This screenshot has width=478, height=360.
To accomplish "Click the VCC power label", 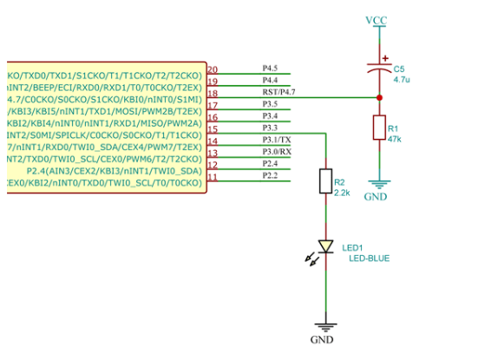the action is (377, 20).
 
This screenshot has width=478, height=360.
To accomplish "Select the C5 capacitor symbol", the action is (379, 69).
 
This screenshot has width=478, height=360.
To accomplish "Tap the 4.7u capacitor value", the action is (402, 80).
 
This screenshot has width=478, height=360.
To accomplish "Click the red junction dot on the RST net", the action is (379, 98).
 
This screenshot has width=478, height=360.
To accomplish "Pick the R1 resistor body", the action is (379, 128).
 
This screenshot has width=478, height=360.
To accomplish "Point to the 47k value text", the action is (395, 139).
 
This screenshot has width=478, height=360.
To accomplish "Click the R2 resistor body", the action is (325, 181).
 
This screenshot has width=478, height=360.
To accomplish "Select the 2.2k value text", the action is (342, 193).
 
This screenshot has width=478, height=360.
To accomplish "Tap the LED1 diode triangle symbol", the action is (325, 246).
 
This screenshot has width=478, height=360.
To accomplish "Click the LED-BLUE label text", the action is (370, 259).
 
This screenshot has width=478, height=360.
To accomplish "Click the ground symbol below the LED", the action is (325, 327).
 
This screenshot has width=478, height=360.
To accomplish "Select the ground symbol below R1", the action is (379, 185).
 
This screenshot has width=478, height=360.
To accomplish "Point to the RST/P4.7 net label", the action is (278, 92).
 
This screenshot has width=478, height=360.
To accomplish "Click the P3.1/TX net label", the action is (277, 140).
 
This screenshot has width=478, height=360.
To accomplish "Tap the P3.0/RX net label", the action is (277, 152).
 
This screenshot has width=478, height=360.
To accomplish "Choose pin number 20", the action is (213, 69).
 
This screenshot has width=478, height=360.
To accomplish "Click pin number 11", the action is (213, 177).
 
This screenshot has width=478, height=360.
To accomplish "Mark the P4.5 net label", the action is (270, 68).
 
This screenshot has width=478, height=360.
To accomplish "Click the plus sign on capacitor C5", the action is (385, 58).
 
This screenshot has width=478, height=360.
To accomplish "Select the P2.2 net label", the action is (270, 175).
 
